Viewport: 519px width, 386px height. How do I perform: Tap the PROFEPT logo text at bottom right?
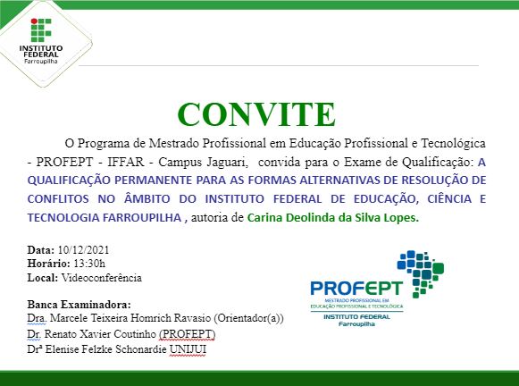coord(356,288)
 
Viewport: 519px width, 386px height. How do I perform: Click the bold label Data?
coord(41,249)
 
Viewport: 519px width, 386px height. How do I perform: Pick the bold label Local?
coord(44,277)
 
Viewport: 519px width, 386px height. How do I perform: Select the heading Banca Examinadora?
coord(79,304)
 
